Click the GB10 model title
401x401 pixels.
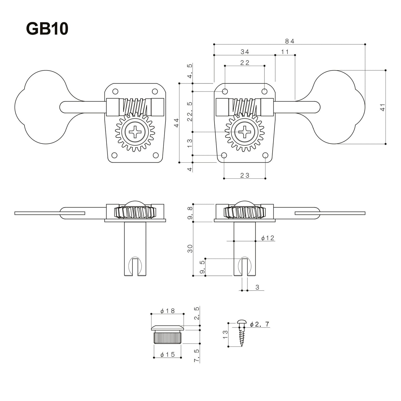[x=47, y=29]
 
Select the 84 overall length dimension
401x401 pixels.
[x=289, y=41]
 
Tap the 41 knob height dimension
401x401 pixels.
[x=383, y=107]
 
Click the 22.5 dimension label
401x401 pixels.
[x=190, y=111]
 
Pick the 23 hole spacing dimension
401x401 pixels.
[x=245, y=175]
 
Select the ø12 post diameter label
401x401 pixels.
[x=268, y=238]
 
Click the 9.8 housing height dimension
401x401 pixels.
[x=190, y=213]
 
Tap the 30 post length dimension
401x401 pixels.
[x=190, y=249]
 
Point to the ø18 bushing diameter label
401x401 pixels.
[x=168, y=311]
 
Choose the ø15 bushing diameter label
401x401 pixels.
[x=168, y=354]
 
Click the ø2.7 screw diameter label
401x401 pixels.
[x=259, y=324]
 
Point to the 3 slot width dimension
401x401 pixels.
[x=257, y=287]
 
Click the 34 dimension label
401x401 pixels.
[x=245, y=52]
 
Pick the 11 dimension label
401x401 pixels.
[x=285, y=52]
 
